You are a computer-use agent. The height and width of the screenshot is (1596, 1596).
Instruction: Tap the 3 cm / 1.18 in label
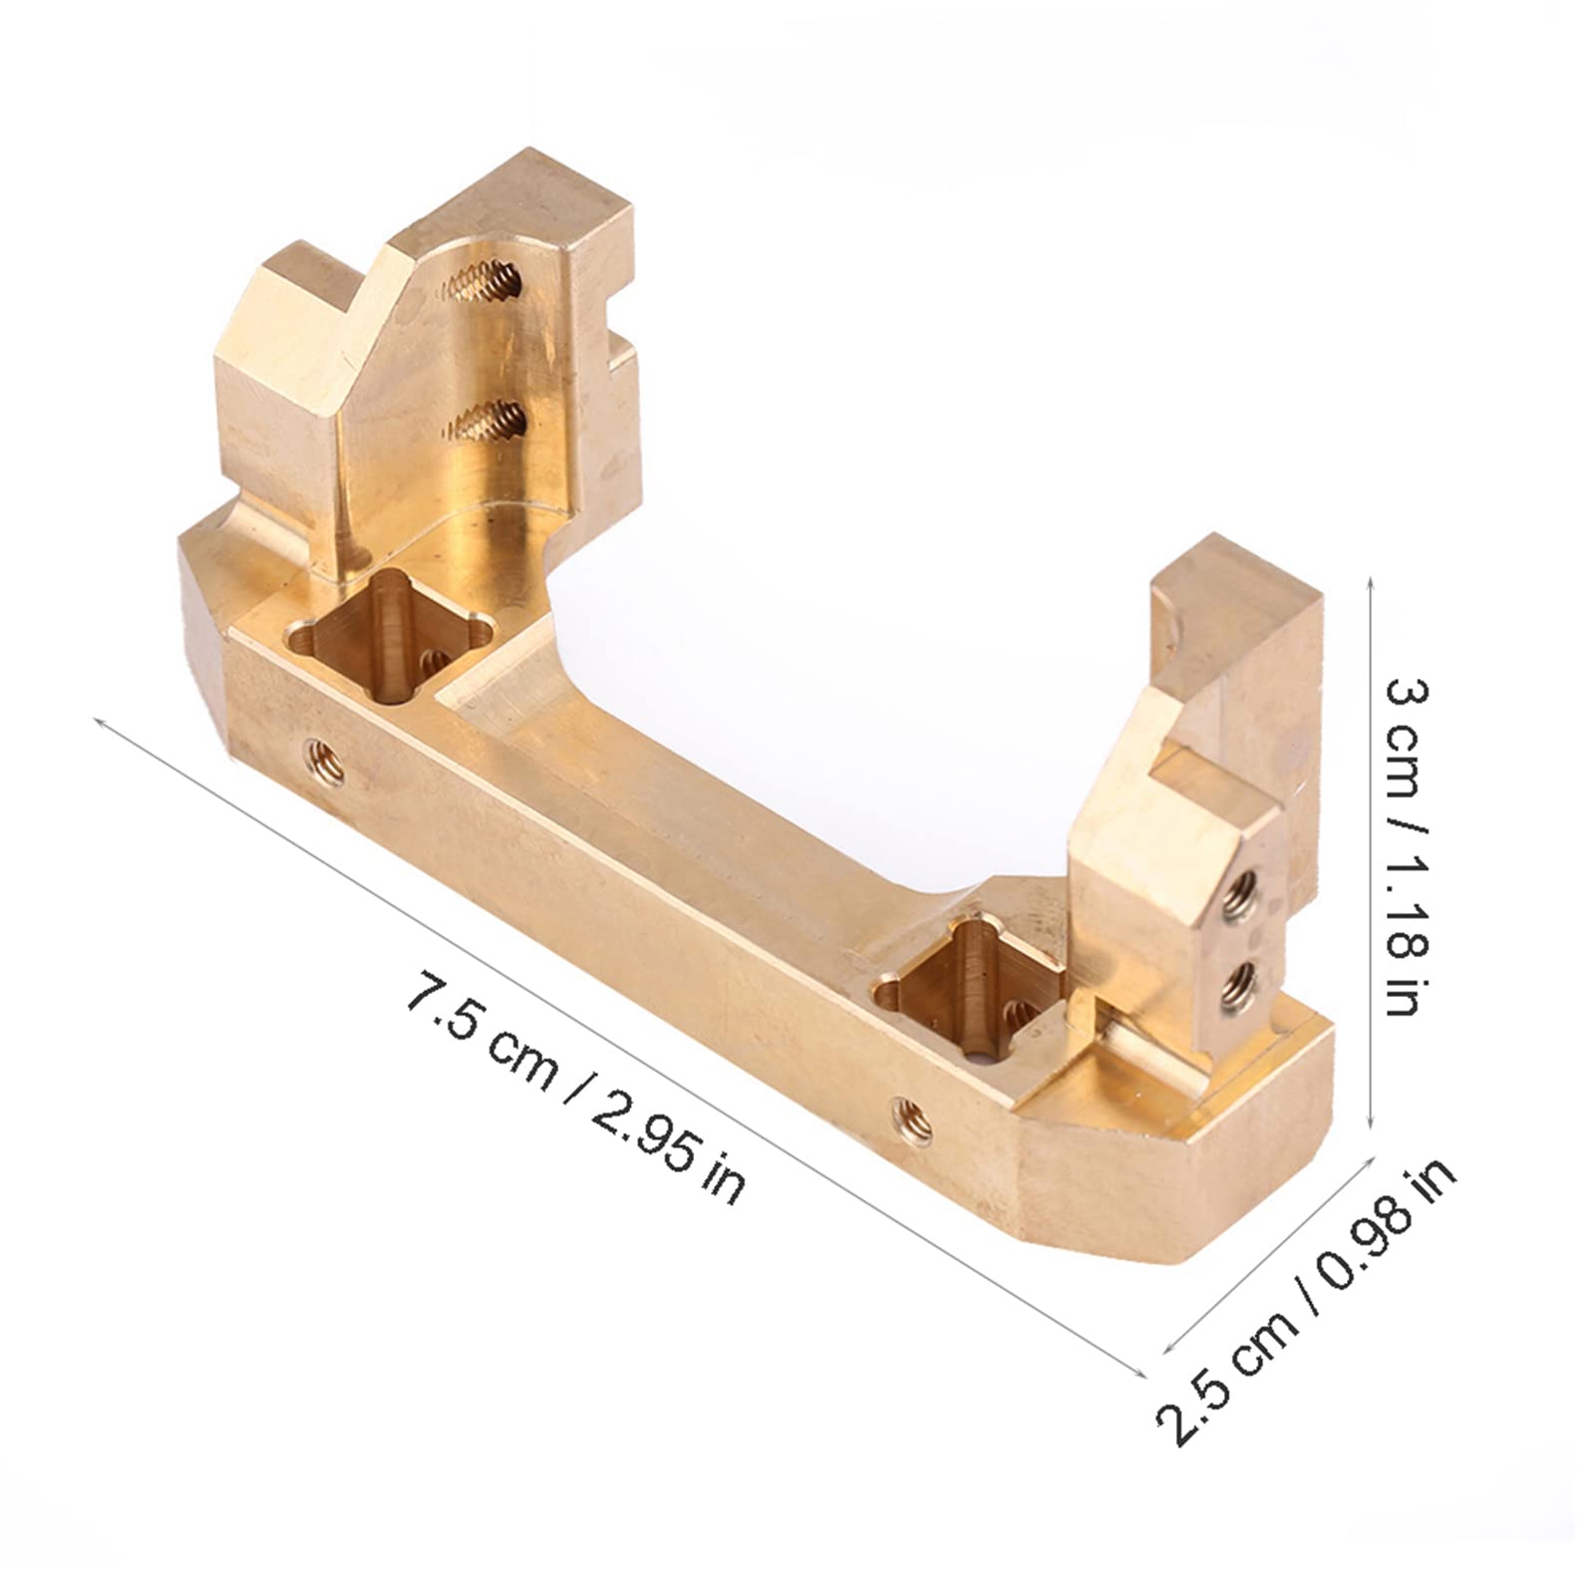tap(1407, 846)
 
